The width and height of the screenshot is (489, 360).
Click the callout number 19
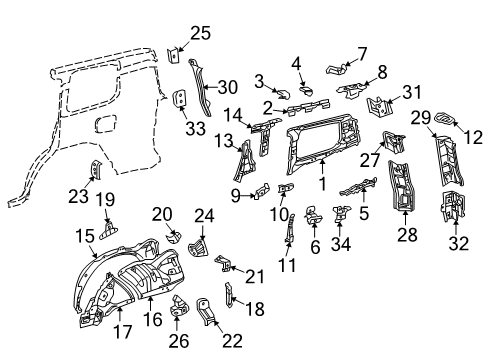click(x=104, y=197)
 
